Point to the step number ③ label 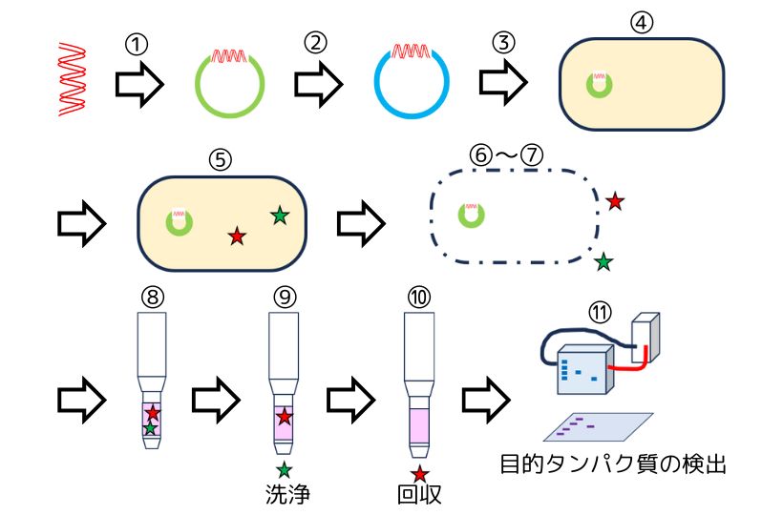click(x=503, y=44)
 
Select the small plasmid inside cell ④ click(x=601, y=84)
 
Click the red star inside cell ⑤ click(x=237, y=235)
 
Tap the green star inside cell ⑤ click(x=279, y=216)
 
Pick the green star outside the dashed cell click(x=603, y=259)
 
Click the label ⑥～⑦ click(x=505, y=154)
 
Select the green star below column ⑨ click(x=285, y=468)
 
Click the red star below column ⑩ click(x=419, y=473)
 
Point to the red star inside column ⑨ click(x=285, y=417)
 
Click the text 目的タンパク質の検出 click(x=614, y=465)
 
